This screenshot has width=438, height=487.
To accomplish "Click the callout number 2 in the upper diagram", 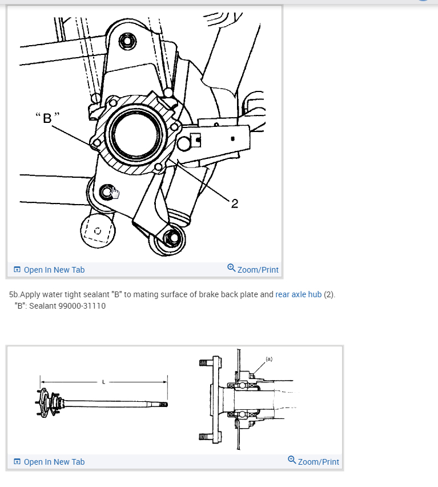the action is pos(235,203).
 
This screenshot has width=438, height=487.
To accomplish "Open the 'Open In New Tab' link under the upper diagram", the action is pos(54,270).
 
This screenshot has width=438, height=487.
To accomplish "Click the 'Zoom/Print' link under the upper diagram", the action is pos(258,270).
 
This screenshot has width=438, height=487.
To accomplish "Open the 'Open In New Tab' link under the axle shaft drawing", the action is pos(54,462).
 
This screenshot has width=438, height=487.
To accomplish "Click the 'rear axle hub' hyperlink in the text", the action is pos(298,295).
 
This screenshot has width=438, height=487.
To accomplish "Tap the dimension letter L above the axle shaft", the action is pos(103,382).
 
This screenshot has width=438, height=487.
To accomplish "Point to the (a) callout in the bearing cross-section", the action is pos(269,359).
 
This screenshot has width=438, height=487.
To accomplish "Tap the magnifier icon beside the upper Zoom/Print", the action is pos(231,268).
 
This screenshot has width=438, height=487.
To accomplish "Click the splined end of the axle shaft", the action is pos(163,404).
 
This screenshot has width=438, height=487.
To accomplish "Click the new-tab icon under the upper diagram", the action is pos(17,270).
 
